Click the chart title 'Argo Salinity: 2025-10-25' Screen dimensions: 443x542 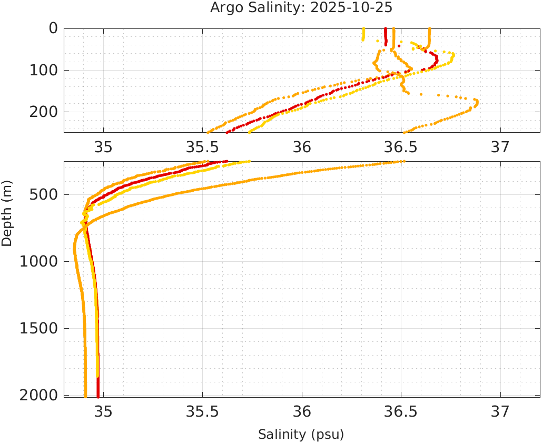(x=301, y=8)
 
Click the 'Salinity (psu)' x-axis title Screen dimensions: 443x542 (x=301, y=435)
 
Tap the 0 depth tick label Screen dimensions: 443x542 (x=53, y=28)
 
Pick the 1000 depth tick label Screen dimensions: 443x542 (x=39, y=262)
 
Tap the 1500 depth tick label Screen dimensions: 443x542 (x=39, y=328)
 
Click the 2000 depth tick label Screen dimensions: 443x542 (x=39, y=395)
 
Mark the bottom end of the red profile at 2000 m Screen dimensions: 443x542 (x=98, y=396)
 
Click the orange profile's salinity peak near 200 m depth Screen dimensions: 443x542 (x=476, y=102)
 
